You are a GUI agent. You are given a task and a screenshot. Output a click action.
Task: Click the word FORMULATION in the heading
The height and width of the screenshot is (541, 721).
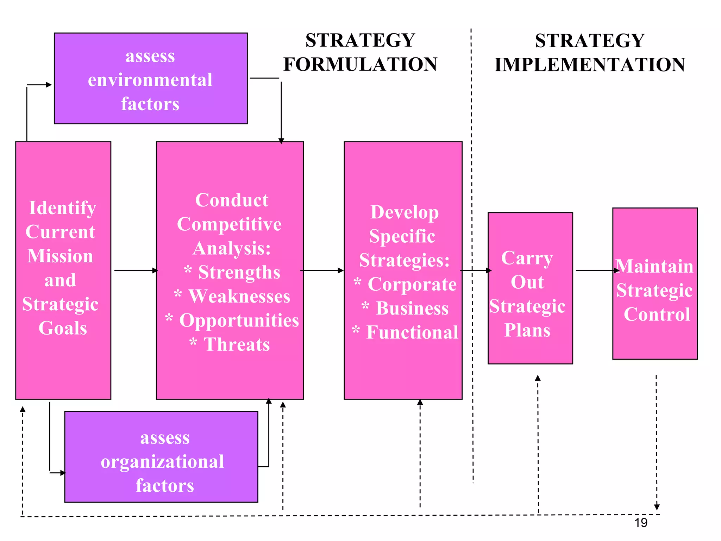pos(360,64)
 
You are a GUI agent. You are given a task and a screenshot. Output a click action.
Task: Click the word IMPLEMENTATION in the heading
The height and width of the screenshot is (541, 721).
pos(590,65)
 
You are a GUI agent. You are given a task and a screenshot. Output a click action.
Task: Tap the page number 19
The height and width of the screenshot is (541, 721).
pos(641,523)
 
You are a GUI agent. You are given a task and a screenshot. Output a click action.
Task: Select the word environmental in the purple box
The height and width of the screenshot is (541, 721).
pos(150,80)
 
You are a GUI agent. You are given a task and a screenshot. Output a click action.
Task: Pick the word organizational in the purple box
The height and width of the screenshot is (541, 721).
pos(162,461)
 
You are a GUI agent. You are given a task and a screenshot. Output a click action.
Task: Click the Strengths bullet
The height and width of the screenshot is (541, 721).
pos(239,272)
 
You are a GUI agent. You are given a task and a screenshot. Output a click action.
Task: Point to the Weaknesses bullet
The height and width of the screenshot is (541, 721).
pos(239,296)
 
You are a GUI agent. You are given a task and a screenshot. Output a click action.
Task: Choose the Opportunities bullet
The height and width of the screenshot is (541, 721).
pos(239,320)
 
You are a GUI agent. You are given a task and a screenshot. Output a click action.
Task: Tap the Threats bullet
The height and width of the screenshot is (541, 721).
pos(237,344)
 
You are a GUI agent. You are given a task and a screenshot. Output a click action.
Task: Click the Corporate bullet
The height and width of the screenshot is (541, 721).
pos(412,284)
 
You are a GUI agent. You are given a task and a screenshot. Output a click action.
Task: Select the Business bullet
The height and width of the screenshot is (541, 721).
pos(412,308)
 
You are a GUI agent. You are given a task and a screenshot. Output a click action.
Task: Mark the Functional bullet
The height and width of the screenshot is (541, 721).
pos(412,332)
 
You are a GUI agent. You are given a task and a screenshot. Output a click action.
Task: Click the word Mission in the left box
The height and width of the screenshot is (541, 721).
pos(61,256)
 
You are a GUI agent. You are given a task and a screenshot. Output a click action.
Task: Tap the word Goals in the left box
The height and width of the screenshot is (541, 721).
pos(63,328)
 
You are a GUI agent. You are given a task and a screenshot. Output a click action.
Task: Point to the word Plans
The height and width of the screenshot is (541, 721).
pos(527,330)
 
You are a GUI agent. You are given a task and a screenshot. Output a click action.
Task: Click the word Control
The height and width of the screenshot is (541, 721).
pos(657,315)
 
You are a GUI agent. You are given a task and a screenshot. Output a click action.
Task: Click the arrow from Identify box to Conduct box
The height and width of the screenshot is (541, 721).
pos(136,270)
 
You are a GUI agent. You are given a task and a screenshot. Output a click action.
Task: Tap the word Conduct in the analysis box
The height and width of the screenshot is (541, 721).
pos(232,200)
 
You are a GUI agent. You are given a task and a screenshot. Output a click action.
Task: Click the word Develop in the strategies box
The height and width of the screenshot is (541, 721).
pos(405,212)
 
